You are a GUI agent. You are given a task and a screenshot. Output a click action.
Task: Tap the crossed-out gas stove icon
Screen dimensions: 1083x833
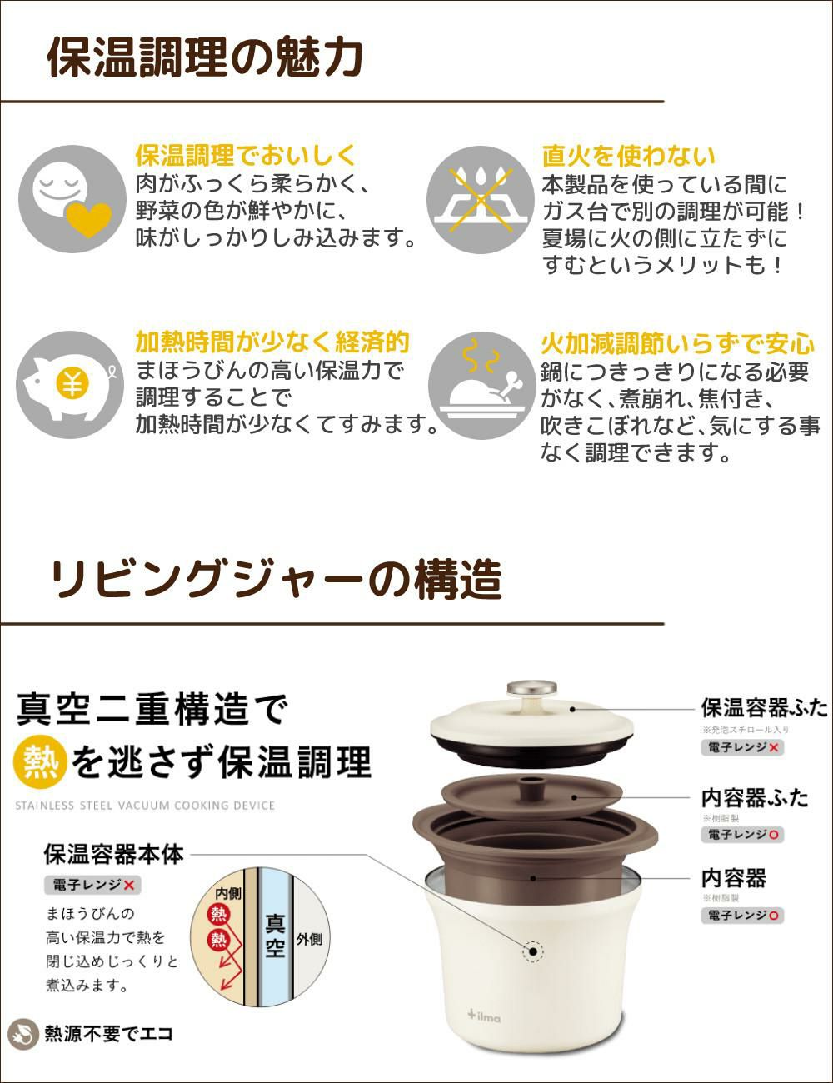coord(481,200)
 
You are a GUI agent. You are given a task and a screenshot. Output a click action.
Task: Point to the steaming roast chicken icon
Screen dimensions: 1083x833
coord(481,387)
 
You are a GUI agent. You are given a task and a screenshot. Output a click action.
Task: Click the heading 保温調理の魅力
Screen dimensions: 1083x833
coord(205,58)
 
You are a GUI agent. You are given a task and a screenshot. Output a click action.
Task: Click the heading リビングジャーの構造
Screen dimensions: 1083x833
coord(276,579)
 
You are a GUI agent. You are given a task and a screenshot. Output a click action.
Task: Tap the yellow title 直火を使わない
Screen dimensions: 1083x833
coord(628,156)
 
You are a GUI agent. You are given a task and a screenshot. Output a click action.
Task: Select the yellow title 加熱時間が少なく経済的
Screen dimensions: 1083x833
coord(272,342)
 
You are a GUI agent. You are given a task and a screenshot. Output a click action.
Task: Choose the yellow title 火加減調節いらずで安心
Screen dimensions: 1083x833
coord(677,343)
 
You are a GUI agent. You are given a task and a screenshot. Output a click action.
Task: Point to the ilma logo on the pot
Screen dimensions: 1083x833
coord(486,1014)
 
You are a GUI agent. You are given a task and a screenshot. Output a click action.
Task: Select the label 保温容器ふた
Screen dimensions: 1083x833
coord(764,708)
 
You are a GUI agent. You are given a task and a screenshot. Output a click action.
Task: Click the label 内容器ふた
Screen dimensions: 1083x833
coord(755,797)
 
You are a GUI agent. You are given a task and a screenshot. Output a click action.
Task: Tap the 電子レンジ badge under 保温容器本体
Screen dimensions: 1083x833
coord(92,885)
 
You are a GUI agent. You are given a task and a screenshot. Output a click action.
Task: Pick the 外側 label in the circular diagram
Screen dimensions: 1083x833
coord(309,939)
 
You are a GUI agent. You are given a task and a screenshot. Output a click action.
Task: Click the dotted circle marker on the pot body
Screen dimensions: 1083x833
coord(531,952)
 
